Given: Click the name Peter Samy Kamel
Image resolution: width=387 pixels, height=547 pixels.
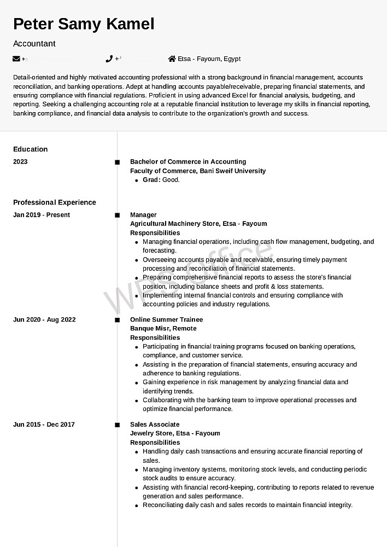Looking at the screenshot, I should [84, 24].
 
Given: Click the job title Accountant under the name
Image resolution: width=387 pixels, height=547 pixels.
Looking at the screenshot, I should [34, 44].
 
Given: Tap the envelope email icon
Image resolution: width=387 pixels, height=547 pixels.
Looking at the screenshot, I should [16, 59].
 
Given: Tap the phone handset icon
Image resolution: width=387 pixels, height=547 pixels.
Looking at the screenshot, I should [109, 59].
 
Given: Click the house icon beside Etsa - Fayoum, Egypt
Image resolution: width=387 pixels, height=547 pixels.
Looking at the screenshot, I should [172, 59].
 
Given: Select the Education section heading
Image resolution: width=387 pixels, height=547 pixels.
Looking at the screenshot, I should [31, 149].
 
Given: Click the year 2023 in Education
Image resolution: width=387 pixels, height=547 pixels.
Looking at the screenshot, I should [20, 162].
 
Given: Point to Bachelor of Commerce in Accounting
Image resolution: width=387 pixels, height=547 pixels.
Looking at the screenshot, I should [188, 162].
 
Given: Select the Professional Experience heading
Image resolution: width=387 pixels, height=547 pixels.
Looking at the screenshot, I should [55, 202].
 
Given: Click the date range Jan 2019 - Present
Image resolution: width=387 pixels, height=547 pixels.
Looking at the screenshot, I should [42, 215].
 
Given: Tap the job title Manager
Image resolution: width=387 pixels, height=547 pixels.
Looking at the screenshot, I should [143, 215].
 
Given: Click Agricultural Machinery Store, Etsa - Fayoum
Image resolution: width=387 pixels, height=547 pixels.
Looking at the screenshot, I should [198, 224].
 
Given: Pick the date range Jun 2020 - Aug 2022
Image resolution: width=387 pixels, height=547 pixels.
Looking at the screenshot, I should [44, 320].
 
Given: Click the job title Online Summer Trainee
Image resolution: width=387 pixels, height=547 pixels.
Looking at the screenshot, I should [166, 320].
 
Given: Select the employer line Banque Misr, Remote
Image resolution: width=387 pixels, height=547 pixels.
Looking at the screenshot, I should [163, 329].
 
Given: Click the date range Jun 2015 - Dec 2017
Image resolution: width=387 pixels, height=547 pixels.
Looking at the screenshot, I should [44, 424].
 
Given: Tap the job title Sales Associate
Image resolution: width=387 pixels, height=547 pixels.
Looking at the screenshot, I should [155, 424].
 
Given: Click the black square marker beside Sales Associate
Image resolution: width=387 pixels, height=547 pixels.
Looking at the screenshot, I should [117, 425].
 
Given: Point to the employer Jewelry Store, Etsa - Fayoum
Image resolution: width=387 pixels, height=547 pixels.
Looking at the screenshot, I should [175, 433].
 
